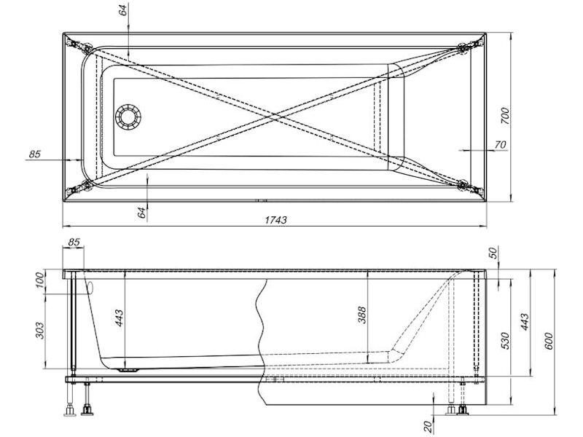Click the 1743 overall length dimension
click(x=275, y=220)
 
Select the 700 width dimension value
click(x=504, y=116)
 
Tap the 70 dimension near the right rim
click(x=501, y=144)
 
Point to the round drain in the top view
click(x=128, y=117)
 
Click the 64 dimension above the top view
click(x=123, y=9)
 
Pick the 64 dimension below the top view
click(x=141, y=213)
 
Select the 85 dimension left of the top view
click(x=34, y=154)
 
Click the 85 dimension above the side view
click(x=74, y=243)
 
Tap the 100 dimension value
click(x=40, y=280)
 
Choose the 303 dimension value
click(x=40, y=331)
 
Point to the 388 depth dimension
click(x=361, y=315)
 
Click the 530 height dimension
click(x=504, y=340)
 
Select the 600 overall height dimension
click(x=549, y=341)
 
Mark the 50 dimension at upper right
click(x=493, y=253)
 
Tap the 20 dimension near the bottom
click(x=428, y=425)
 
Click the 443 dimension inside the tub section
click(x=120, y=318)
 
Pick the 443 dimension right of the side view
click(x=524, y=322)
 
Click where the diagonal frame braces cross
click(x=275, y=117)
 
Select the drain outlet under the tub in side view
click(x=128, y=370)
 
